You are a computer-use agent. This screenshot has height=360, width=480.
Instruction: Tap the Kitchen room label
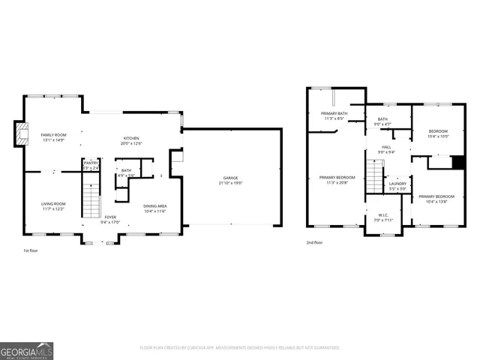(x=132, y=138)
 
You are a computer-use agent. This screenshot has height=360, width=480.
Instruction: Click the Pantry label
(x=91, y=163)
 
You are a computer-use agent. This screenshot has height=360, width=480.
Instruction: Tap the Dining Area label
(x=155, y=205)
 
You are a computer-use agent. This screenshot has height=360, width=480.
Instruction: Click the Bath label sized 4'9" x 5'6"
(x=125, y=170)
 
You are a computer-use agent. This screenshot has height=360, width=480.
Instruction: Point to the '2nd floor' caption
(x=314, y=242)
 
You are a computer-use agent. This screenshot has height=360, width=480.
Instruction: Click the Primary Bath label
(x=333, y=113)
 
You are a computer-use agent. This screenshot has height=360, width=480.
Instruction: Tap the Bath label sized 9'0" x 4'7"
(x=382, y=119)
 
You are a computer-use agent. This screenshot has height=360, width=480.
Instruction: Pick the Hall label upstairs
(x=386, y=147)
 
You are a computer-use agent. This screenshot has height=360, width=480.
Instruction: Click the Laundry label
(x=397, y=184)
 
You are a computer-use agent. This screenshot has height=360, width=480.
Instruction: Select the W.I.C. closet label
(x=382, y=215)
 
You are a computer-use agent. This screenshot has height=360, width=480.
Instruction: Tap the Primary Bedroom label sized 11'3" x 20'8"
(x=334, y=178)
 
